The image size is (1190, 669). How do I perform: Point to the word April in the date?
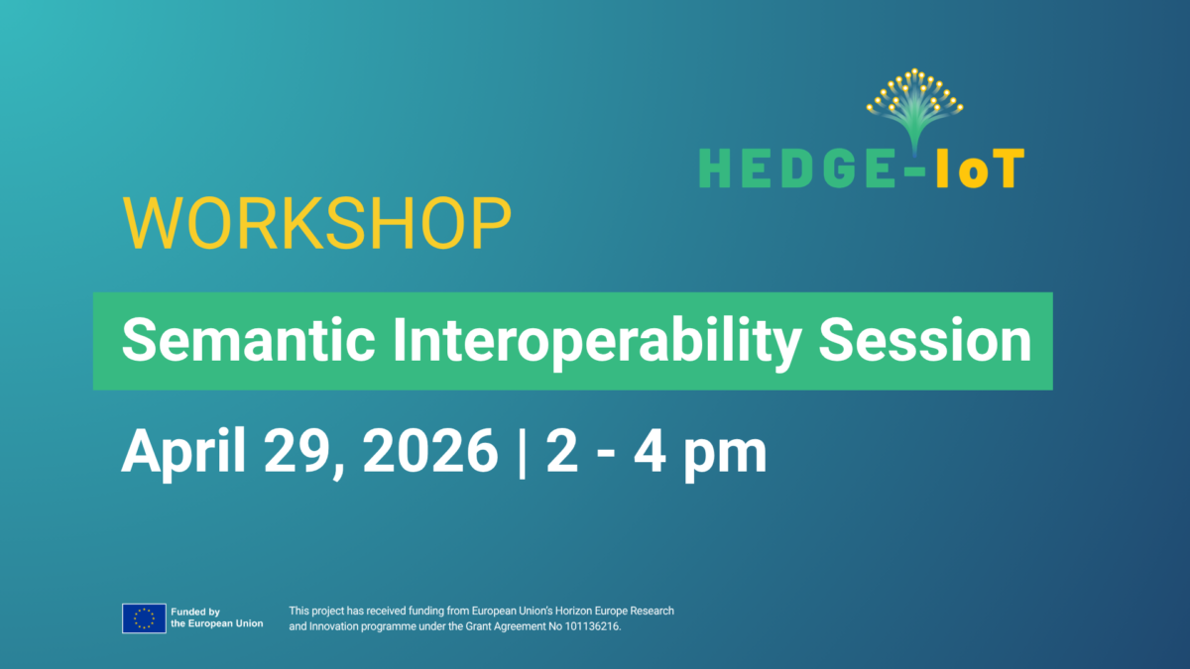(x=184, y=452)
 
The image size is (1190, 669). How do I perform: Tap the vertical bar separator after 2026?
(x=522, y=452)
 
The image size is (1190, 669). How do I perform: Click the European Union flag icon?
(x=144, y=618)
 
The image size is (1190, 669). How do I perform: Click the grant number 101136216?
(x=592, y=627)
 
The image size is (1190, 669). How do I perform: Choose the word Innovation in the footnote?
(x=332, y=627)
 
